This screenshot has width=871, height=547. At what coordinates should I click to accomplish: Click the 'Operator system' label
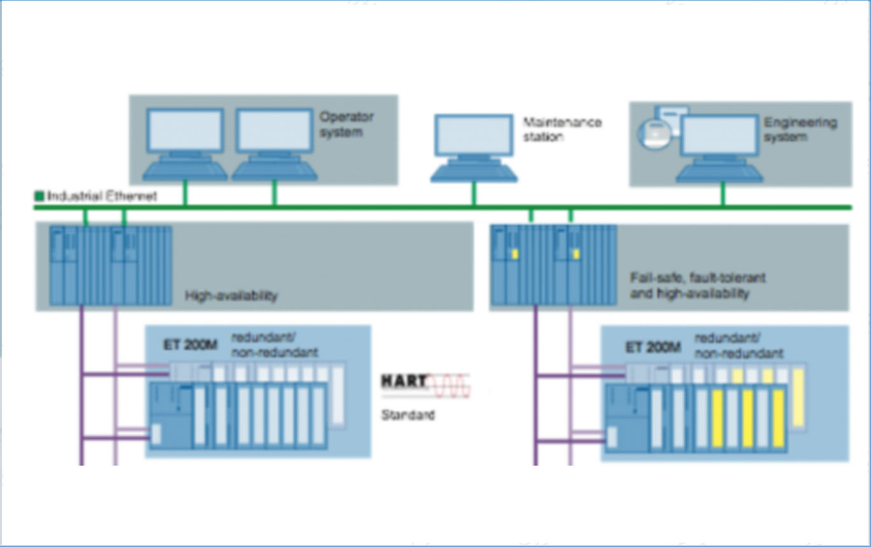point(346,125)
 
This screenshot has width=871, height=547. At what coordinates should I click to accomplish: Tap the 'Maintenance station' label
point(562,129)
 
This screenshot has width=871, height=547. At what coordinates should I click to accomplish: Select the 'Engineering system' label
point(800,129)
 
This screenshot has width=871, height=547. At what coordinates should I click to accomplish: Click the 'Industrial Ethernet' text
point(102,196)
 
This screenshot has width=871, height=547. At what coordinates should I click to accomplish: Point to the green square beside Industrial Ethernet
point(39,196)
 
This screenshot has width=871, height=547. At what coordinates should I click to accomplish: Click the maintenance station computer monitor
point(474,135)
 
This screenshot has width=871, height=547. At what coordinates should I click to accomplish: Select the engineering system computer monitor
point(719,135)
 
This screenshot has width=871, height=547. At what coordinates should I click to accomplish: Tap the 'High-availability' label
point(231,296)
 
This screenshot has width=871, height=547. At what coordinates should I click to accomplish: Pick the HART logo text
point(404,381)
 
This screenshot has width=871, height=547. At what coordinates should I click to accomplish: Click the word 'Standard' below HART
point(408,415)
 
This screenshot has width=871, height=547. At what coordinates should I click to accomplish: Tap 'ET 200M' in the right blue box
point(653,347)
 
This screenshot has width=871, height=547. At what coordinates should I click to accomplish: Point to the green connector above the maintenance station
point(474,194)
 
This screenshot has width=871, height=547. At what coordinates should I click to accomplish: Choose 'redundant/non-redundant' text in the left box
point(274,344)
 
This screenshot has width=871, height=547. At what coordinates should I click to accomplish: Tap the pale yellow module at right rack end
point(798,397)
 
